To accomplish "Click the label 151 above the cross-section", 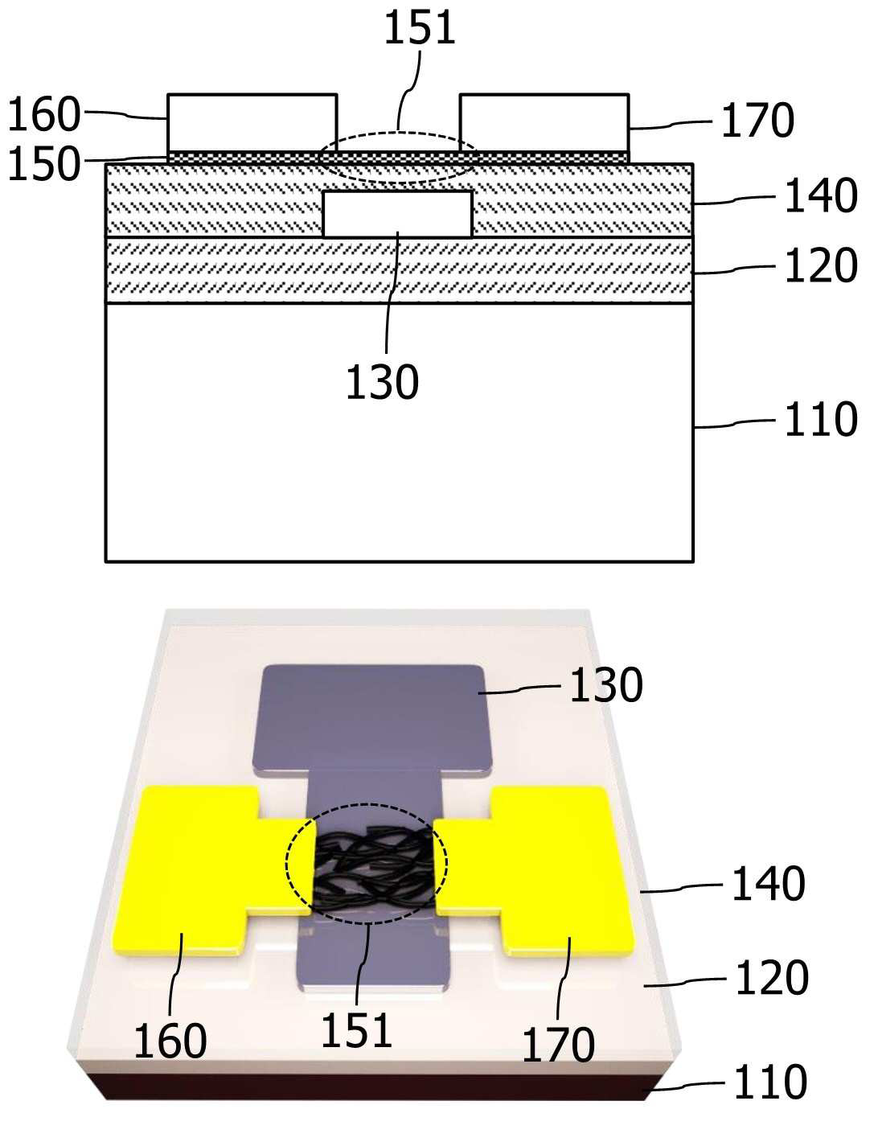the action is point(419,27).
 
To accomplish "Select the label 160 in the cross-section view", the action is point(44,114).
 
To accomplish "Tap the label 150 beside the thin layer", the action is point(44,163).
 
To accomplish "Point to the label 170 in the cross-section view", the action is point(757,121).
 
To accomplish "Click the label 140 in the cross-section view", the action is point(821,195).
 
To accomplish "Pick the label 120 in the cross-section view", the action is point(821,266).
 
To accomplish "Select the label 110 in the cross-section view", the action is point(821,419).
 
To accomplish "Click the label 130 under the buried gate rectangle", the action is point(382,382).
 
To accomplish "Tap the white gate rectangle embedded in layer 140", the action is point(397,214).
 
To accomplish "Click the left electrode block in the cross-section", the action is point(252,123).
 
